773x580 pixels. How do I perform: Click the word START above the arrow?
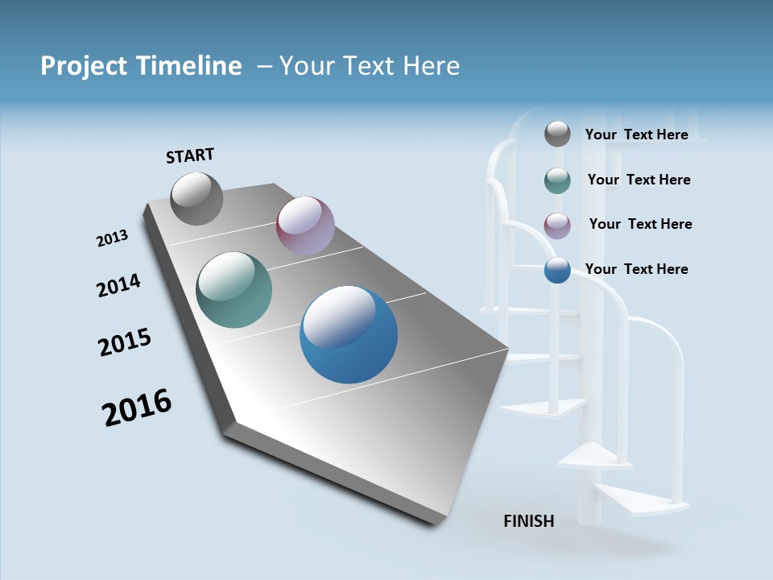click(x=190, y=155)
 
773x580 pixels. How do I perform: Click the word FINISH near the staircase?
click(x=529, y=521)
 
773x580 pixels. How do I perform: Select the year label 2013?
click(x=113, y=238)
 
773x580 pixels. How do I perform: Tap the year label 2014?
click(x=118, y=286)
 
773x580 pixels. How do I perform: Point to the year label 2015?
click(x=125, y=342)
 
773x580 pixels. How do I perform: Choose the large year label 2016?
click(x=137, y=408)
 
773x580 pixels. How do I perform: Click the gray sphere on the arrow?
click(x=196, y=198)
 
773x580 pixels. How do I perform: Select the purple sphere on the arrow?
click(x=305, y=226)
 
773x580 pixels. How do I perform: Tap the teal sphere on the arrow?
click(x=234, y=290)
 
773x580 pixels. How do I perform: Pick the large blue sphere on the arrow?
click(x=349, y=334)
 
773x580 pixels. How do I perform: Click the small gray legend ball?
click(x=557, y=134)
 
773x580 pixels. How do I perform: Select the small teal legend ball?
click(x=557, y=180)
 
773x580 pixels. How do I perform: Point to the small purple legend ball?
click(x=557, y=226)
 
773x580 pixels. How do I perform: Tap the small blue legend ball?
click(x=557, y=270)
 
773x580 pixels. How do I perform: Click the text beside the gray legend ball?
click(x=636, y=135)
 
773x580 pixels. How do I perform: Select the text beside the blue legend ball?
click(x=636, y=269)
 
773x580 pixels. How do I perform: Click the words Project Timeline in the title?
click(x=141, y=66)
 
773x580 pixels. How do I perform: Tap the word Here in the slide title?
click(x=431, y=66)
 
